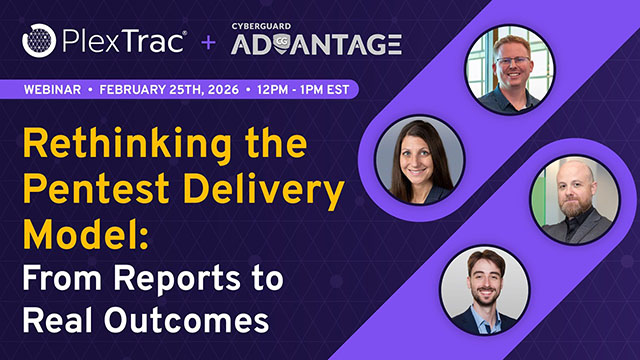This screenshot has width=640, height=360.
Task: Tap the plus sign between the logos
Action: (x=209, y=43)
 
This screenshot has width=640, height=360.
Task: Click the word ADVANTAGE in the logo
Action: (x=316, y=45)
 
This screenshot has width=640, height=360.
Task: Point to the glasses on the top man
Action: (x=513, y=59)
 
